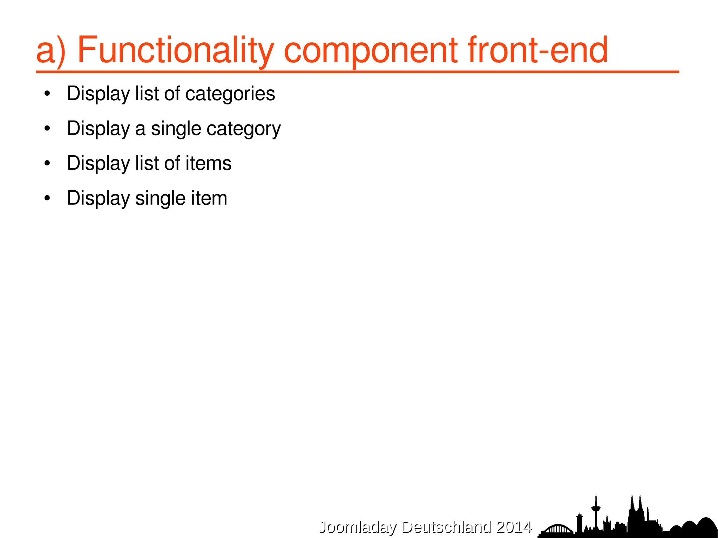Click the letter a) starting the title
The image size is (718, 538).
tap(51, 51)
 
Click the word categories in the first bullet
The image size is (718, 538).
tap(230, 94)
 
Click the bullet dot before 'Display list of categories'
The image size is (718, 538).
tap(47, 94)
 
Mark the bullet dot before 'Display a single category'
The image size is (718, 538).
tap(47, 129)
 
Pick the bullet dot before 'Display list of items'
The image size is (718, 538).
tap(47, 163)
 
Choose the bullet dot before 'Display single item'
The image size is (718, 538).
tap(47, 198)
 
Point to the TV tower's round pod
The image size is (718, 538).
tap(595, 508)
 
